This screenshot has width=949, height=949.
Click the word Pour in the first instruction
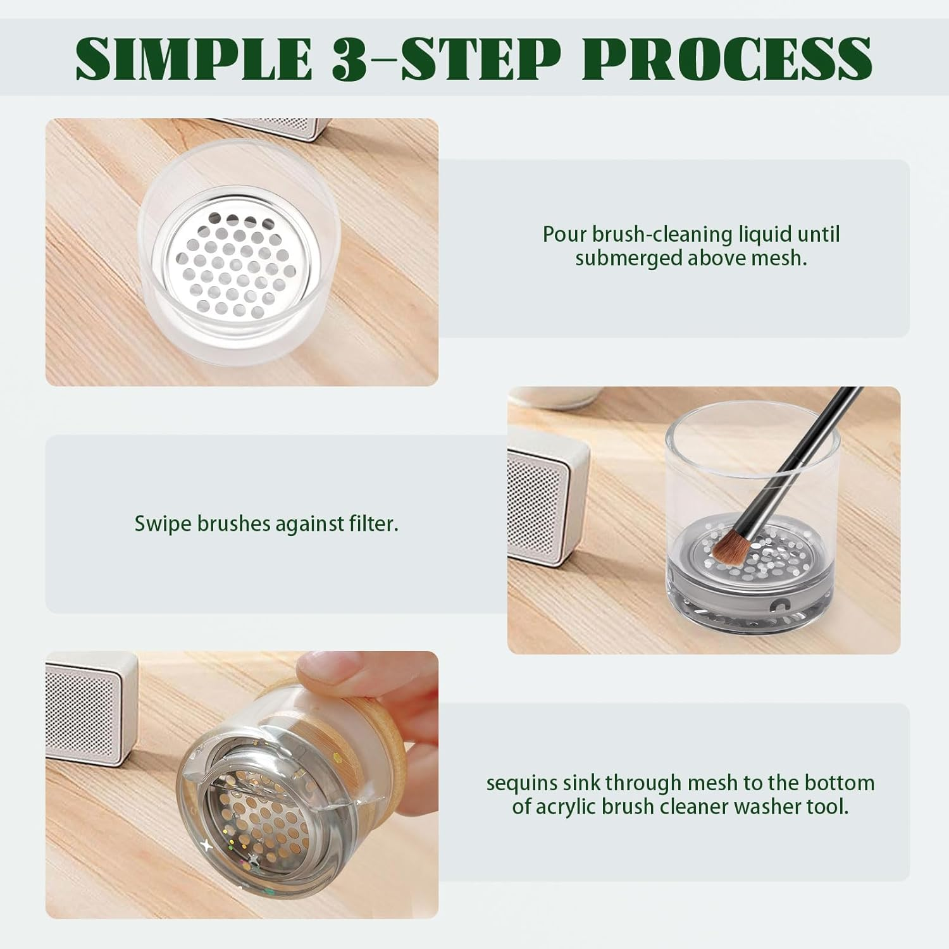pos(565,234)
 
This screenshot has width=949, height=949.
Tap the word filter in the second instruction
pos(373,524)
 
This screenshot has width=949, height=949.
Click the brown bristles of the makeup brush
pos(728,548)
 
